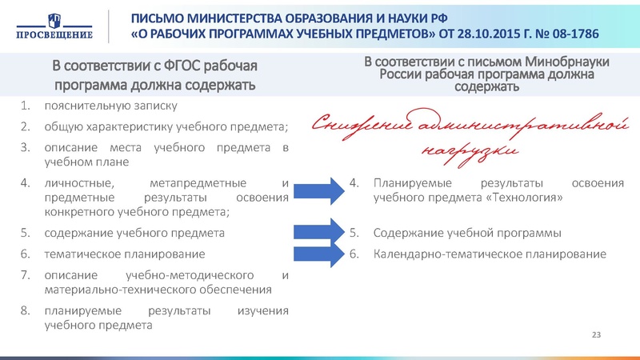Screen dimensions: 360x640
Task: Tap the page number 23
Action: pyautogui.click(x=595, y=333)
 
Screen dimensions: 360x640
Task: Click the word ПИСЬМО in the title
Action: pyautogui.click(x=157, y=18)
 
